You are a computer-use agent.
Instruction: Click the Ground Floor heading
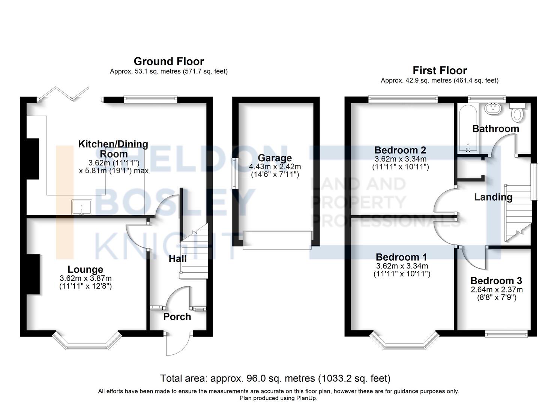[x=169, y=61]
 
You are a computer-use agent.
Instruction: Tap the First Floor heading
[x=440, y=70]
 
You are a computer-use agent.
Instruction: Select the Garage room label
[x=275, y=158]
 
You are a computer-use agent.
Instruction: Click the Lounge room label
[x=86, y=270]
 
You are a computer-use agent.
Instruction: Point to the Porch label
[x=177, y=317]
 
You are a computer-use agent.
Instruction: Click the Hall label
[x=177, y=258]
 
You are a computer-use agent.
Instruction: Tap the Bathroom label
[x=495, y=129]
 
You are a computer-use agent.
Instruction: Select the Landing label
[x=493, y=197]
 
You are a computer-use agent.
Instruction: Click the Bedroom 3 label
[x=496, y=281]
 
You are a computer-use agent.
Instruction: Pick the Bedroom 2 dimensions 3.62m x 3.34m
[x=400, y=159]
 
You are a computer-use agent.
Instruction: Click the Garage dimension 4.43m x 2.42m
[x=275, y=166]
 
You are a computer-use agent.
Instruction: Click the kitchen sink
[x=82, y=207]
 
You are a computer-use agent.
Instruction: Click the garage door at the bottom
[x=277, y=240]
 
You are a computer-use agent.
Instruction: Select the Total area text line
[x=275, y=378]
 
